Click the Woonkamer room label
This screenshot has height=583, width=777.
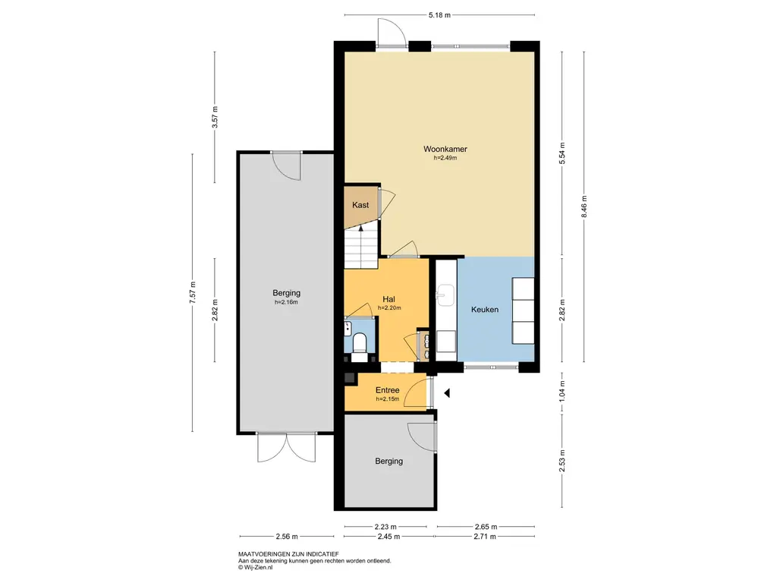445,149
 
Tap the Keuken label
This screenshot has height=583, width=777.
485,310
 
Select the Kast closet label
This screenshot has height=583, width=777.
360,205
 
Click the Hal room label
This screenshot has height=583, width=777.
388,299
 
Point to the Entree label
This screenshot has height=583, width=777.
387,390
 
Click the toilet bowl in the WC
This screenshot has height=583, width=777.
359,342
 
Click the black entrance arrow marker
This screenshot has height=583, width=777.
446,393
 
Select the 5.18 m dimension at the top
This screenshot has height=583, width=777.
439,15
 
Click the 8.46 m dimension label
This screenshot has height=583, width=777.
584,206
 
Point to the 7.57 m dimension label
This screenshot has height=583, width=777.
193,292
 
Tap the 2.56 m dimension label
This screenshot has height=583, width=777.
286,537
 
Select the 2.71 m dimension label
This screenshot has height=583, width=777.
485,537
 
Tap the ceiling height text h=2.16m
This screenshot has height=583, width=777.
286,302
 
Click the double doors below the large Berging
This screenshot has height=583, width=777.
286,447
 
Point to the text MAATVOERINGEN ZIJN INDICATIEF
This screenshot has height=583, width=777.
288,554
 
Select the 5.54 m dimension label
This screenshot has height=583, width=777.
562,153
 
